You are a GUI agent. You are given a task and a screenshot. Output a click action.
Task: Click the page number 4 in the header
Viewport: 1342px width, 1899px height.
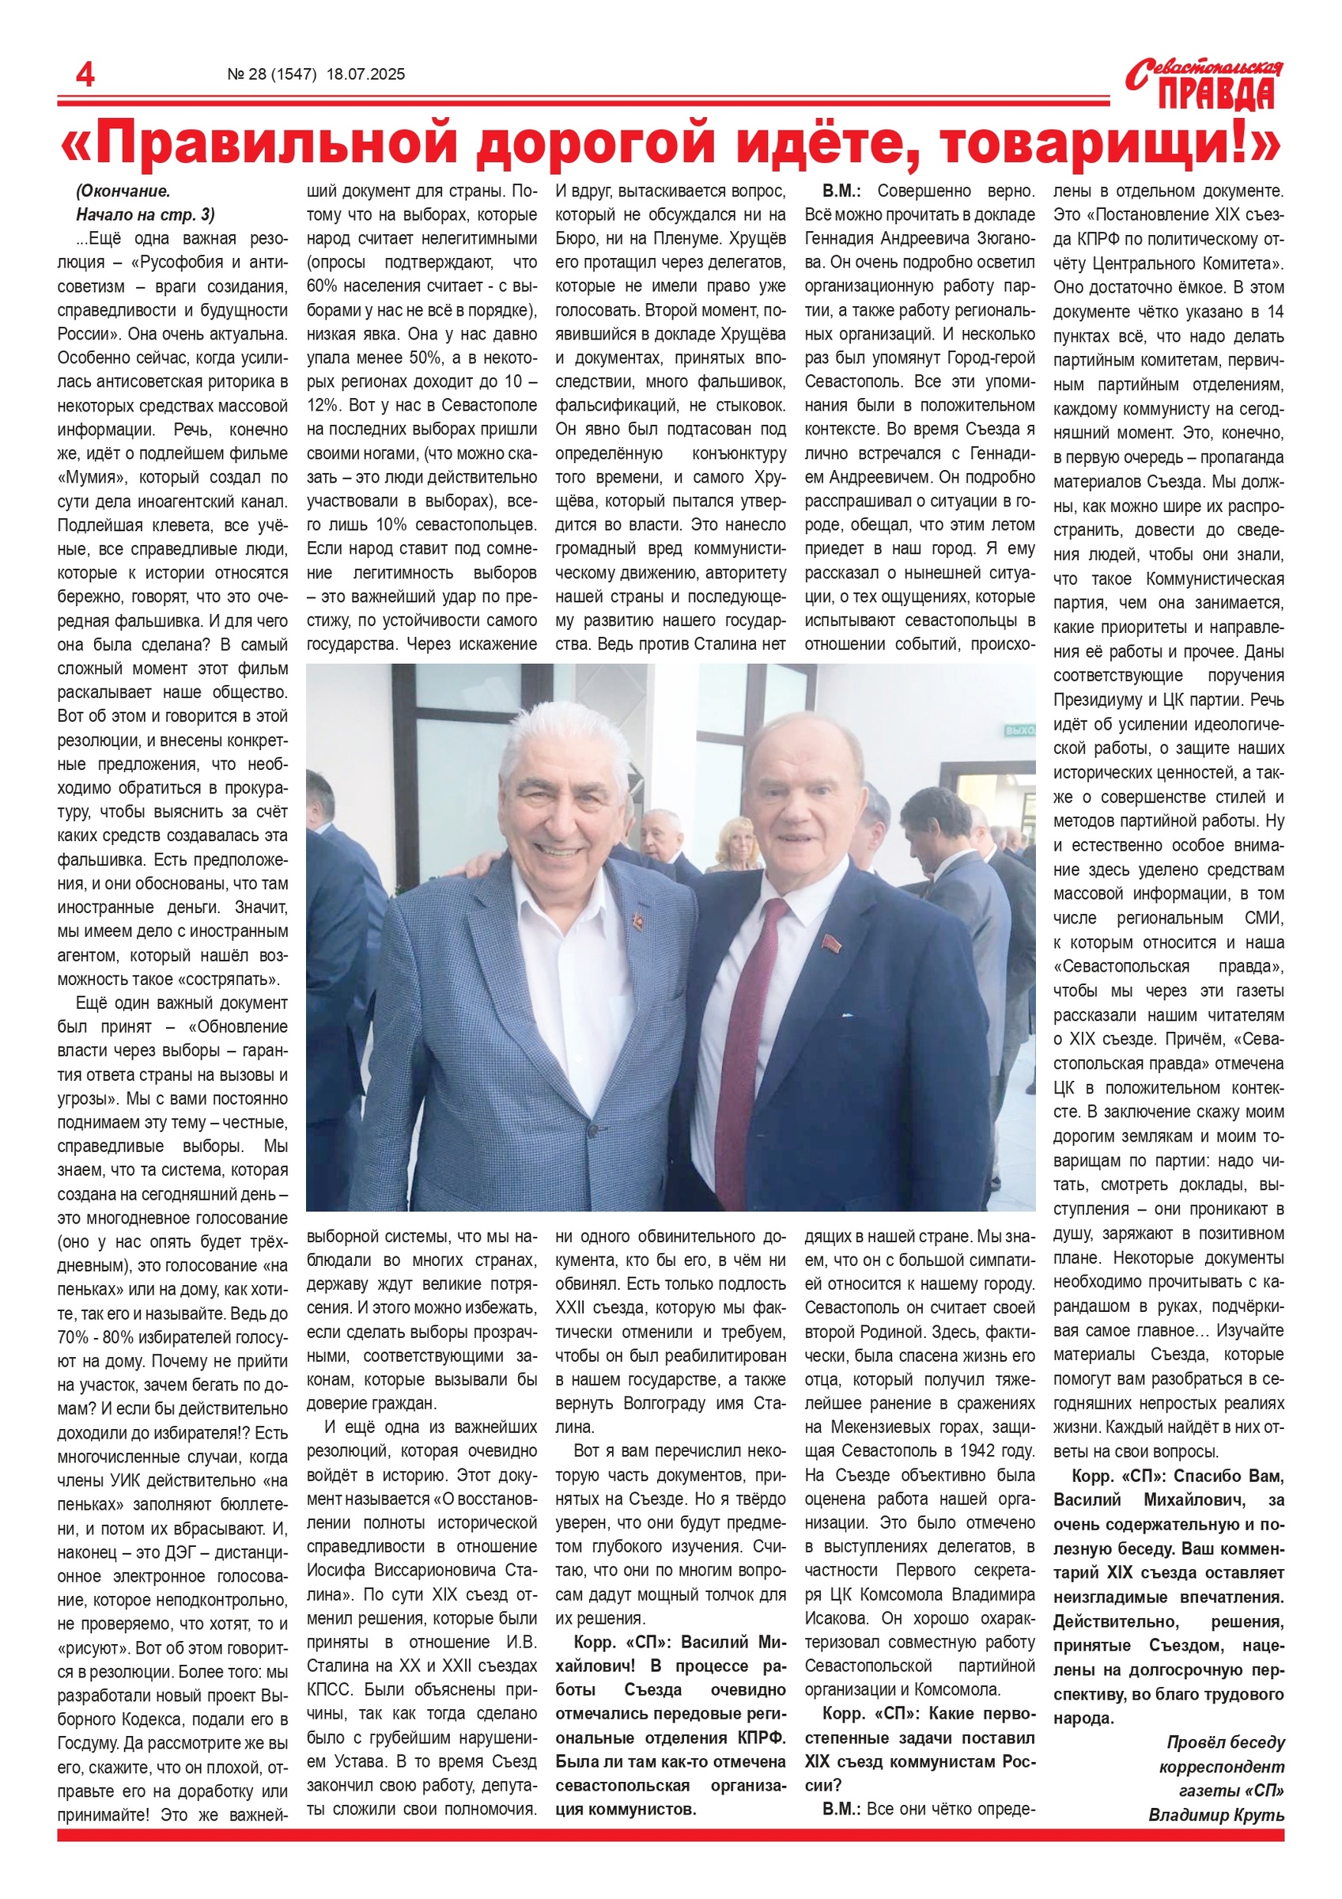(x=85, y=75)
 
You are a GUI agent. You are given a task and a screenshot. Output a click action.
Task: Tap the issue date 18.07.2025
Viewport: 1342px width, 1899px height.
(x=365, y=74)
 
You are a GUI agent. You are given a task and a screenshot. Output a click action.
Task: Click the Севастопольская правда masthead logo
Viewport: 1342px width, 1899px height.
(x=1204, y=85)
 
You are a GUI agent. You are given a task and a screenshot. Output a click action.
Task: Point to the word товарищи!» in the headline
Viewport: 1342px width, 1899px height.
(x=1111, y=144)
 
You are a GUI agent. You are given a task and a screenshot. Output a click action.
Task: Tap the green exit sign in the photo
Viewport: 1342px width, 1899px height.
(x=1019, y=731)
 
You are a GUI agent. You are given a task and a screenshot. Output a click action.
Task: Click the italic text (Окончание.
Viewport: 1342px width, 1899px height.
(x=123, y=191)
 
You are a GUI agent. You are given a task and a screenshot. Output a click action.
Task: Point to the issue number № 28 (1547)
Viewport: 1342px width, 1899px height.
(x=272, y=74)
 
